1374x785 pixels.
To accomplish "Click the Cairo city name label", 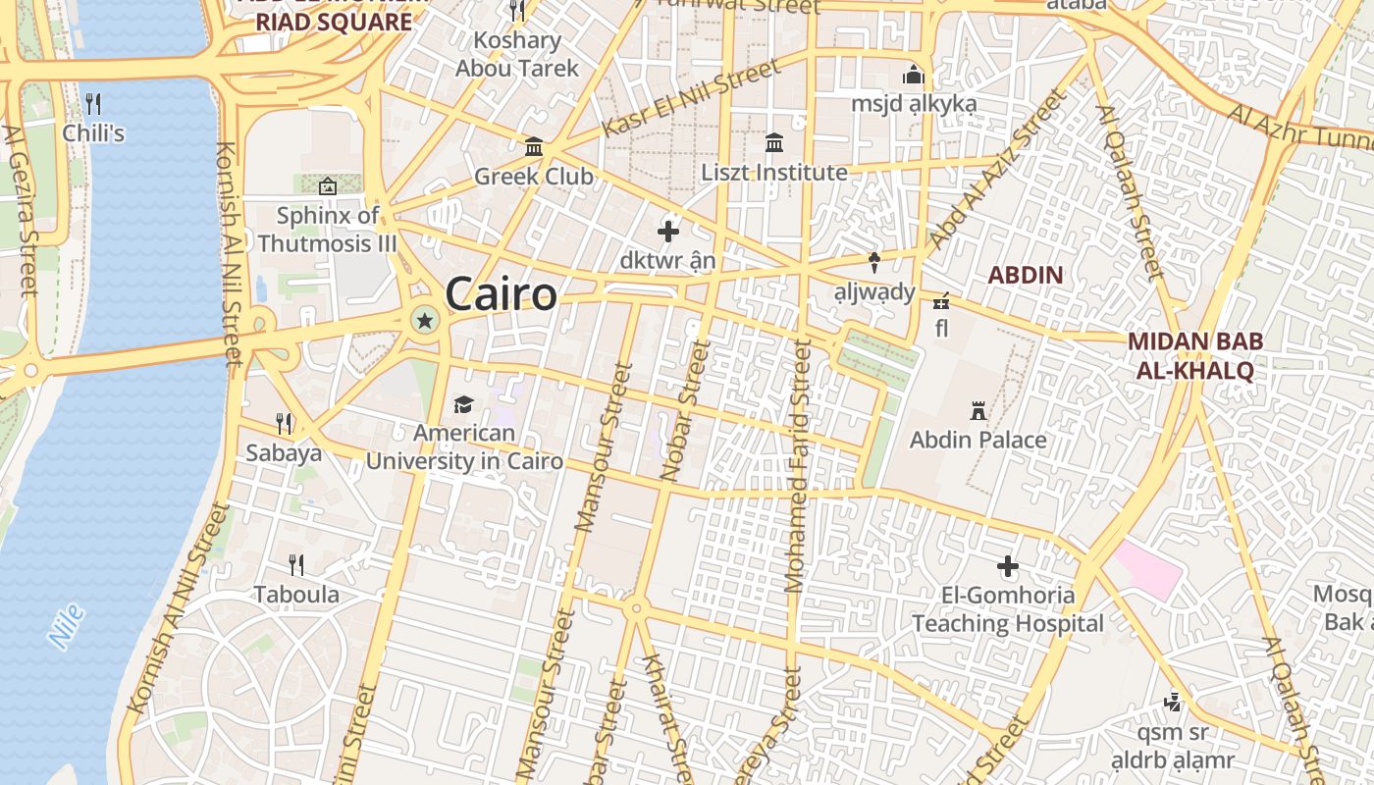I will (501, 293).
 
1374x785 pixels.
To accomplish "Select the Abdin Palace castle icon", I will (978, 410).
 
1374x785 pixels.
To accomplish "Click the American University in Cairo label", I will (464, 446).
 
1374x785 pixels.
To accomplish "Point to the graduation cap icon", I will (463, 404).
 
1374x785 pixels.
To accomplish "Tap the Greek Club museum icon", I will (534, 147).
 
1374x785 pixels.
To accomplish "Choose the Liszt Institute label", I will (773, 173).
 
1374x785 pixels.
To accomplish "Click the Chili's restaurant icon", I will (93, 104).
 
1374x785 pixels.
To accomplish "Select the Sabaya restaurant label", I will (284, 452).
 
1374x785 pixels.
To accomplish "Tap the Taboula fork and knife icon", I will (295, 564).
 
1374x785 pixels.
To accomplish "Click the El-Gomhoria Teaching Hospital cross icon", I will (1008, 566).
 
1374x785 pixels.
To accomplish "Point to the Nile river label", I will (66, 627).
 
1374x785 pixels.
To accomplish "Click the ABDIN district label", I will (1025, 275).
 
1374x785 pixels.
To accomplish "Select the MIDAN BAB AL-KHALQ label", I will (1194, 355).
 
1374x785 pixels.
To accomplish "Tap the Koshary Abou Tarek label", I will (517, 54).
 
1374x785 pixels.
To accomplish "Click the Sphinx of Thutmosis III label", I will (328, 229).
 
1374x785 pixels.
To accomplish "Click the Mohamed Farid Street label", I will (798, 466).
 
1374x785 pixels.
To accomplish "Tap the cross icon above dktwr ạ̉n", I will (668, 232).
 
